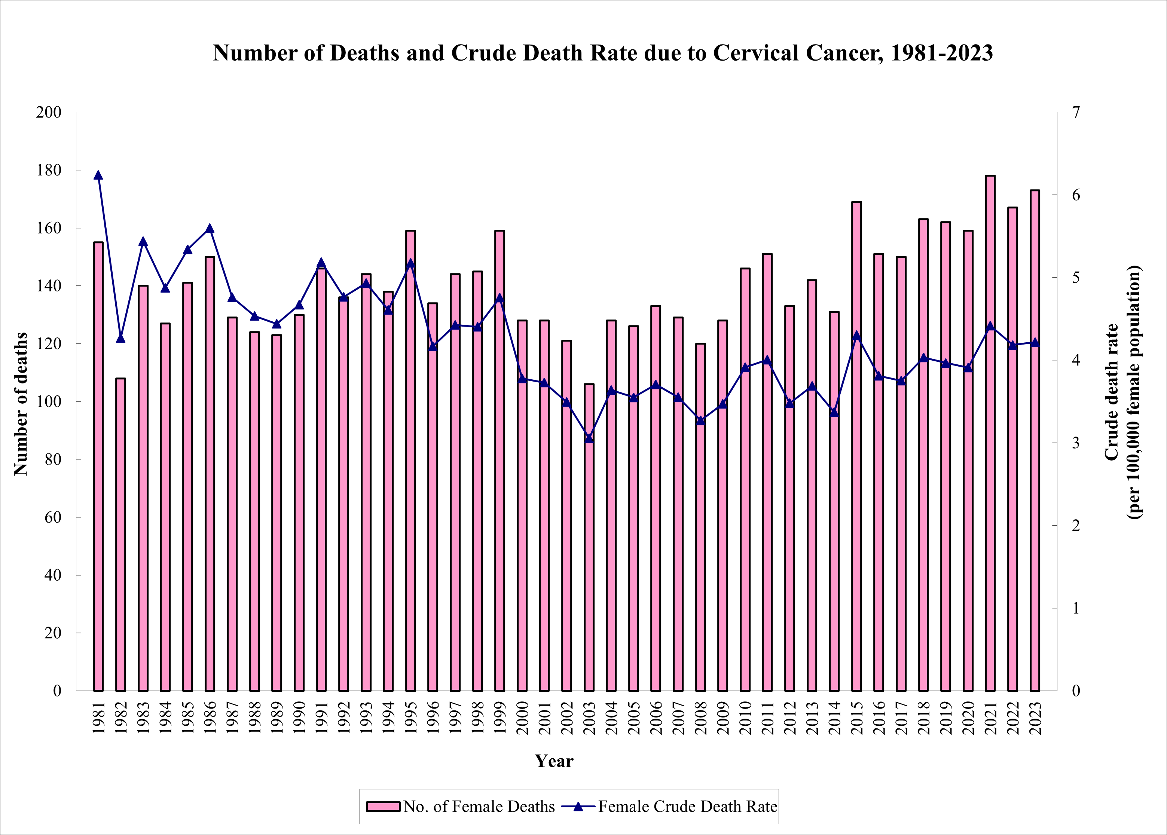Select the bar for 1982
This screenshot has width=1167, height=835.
click(121, 535)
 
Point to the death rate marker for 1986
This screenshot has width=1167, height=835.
click(210, 228)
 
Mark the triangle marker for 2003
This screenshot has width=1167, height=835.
click(589, 438)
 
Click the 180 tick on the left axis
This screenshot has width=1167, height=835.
click(49, 170)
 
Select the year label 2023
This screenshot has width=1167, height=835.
click(1035, 718)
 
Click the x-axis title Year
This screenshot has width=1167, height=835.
click(554, 761)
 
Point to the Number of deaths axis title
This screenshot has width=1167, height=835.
click(21, 404)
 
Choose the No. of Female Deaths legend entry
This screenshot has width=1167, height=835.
click(460, 806)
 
